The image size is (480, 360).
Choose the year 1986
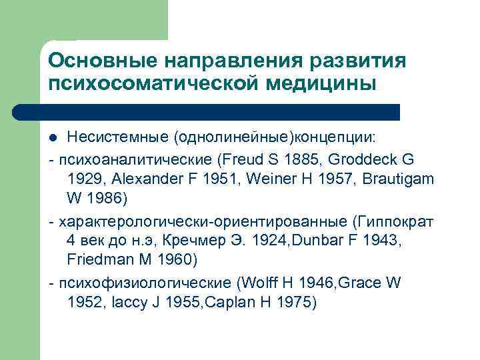point(107,199)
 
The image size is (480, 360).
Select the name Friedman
point(96,260)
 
